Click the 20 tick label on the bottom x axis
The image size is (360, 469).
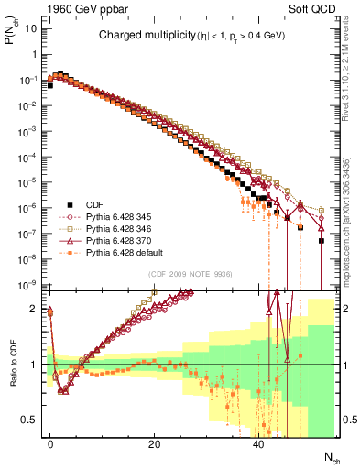tap(155, 444)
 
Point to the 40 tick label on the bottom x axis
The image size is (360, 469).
tap(259, 444)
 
